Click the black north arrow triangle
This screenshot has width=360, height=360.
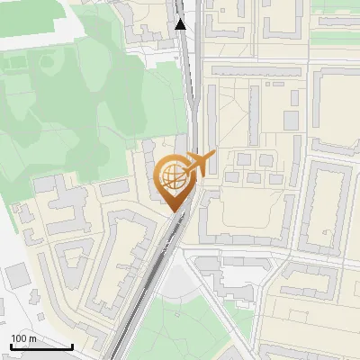pos(181,24)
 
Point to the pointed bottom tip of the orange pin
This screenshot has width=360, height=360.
pos(175,212)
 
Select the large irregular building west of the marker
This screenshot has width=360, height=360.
pos(67,202)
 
